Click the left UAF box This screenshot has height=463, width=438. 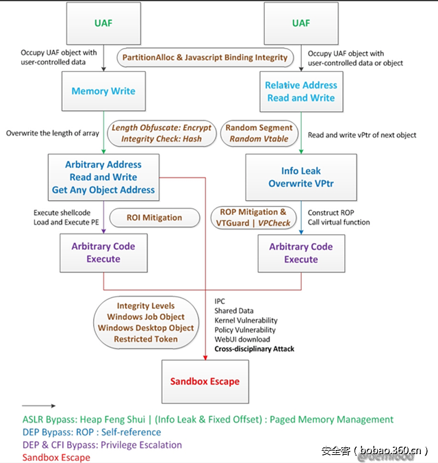tap(103, 24)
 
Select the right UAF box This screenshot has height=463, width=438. tap(301, 24)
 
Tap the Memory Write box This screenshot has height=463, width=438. tap(103, 91)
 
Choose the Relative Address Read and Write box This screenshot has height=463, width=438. tap(301, 92)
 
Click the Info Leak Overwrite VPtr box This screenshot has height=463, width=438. tap(301, 177)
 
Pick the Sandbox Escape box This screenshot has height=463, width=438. tap(206, 381)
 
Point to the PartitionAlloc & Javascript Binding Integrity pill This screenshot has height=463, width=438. tap(205, 58)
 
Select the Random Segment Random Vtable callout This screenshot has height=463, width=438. tap(259, 133)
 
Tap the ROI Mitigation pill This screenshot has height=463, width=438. tap(155, 218)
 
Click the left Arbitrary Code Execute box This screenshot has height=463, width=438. tap(103, 253)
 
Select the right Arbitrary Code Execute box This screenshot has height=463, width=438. tap(301, 253)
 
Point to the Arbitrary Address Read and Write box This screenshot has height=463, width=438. tap(103, 177)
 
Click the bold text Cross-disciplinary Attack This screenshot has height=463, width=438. tap(254, 349)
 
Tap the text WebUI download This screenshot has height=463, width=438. tap(242, 339)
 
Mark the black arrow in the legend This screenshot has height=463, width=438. tap(39, 405)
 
